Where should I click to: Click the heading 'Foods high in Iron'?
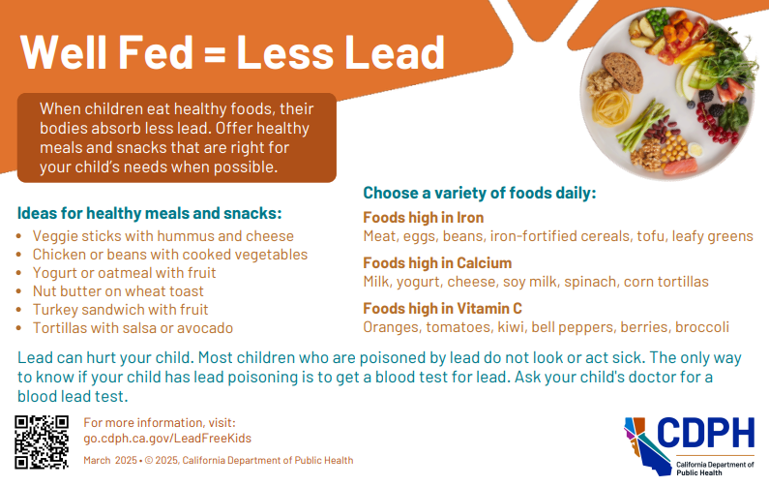(423, 218)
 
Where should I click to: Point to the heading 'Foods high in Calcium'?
(437, 263)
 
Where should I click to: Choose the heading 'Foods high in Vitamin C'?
(442, 309)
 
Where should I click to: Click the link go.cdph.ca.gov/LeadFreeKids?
(161, 439)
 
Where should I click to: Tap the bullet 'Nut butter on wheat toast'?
(118, 291)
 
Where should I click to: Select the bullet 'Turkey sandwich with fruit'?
(120, 310)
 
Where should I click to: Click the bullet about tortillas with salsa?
(133, 328)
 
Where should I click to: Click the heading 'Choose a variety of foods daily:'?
(479, 193)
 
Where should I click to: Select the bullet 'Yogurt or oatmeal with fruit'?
(124, 273)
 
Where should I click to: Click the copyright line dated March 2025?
(219, 460)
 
